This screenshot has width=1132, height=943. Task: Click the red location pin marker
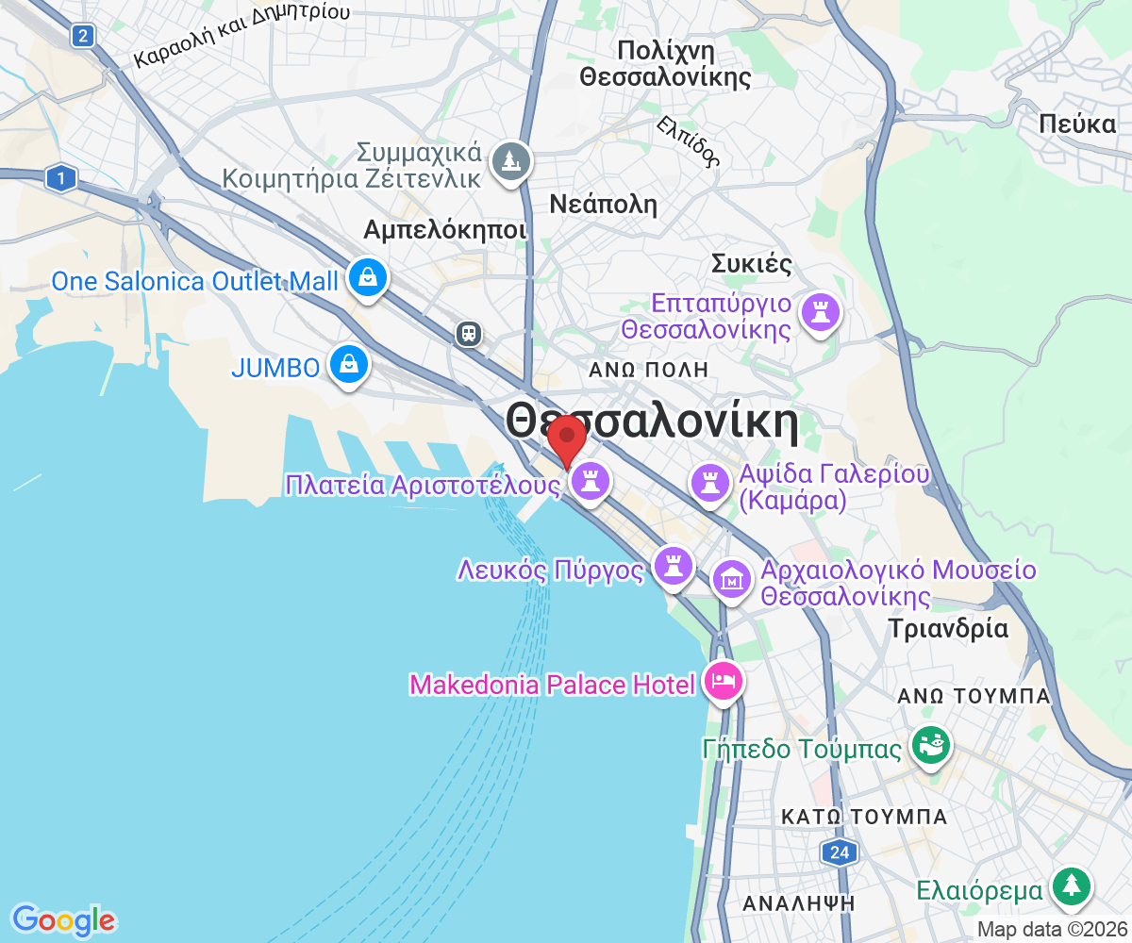[x=567, y=438]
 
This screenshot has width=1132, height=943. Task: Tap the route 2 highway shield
[x=84, y=36]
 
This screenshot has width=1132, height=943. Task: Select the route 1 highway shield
[x=61, y=177]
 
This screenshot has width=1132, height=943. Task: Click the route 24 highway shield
[x=839, y=853]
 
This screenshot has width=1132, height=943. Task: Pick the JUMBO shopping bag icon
[x=348, y=363]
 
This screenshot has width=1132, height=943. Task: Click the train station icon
[x=469, y=333]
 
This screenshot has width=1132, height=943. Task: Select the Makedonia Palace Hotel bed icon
[x=724, y=680]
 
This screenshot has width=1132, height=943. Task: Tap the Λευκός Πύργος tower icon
[x=673, y=565]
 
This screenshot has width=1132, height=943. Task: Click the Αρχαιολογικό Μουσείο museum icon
[x=732, y=577]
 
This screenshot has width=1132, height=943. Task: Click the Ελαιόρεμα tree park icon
[x=1073, y=886]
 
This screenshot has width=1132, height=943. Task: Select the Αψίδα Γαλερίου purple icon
[x=708, y=483]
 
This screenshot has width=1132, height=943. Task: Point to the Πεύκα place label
[x=1077, y=123]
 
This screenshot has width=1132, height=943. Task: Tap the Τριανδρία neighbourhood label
[x=948, y=628]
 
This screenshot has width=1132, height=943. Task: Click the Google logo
[x=63, y=919]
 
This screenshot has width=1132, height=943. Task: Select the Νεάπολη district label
[x=604, y=205]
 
